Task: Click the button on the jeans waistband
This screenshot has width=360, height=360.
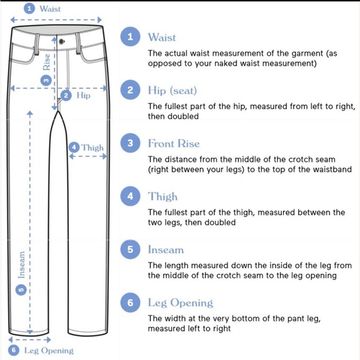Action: [61, 42]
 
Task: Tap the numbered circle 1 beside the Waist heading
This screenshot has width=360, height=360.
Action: [130, 37]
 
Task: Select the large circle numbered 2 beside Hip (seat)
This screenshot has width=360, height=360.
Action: [130, 90]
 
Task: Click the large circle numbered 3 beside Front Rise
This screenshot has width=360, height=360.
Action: [130, 143]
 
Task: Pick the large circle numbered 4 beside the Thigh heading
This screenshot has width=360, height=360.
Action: [130, 196]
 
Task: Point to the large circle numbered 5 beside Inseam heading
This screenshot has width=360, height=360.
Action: [130, 250]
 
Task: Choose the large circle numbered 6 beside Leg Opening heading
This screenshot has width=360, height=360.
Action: [130, 302]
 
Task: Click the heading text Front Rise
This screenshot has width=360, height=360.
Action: [174, 143]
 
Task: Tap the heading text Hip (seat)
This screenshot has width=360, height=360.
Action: [173, 91]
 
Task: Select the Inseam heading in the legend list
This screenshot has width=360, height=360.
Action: [166, 250]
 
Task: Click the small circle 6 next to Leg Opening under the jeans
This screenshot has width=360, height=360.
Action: [14, 350]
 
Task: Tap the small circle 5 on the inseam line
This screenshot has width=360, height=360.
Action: [21, 290]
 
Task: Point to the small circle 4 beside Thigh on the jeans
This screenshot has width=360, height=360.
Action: [74, 147]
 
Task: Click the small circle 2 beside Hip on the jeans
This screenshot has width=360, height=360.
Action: [66, 96]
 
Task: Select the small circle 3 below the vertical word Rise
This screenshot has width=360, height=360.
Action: [46, 80]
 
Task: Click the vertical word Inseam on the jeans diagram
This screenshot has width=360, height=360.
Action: [22, 265]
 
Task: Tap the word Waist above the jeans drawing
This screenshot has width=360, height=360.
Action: [50, 9]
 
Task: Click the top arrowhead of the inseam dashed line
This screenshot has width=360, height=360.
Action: [30, 113]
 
